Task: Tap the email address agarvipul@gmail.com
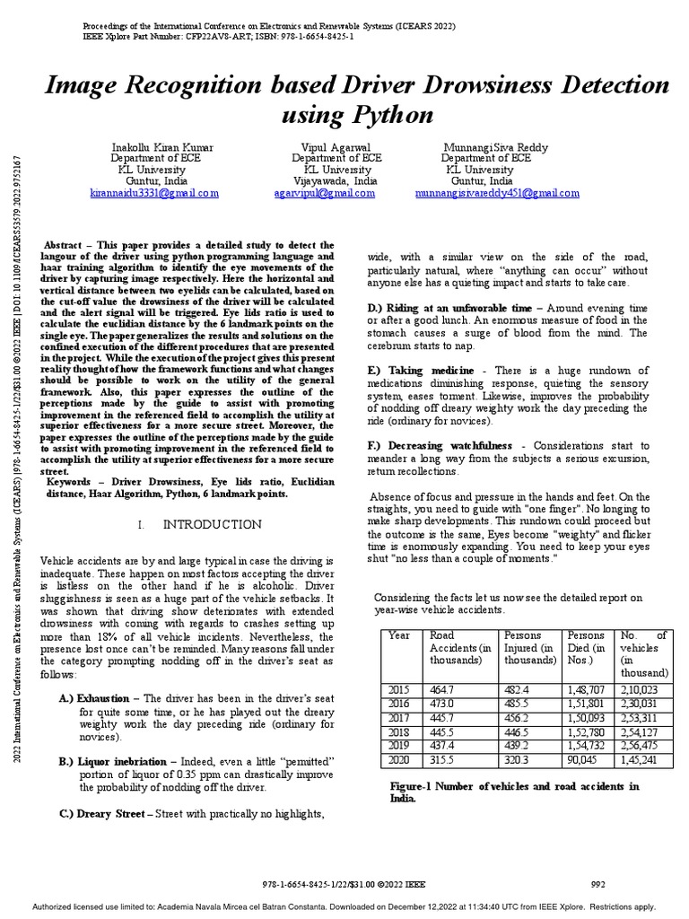tap(325, 193)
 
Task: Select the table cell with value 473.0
tap(443, 704)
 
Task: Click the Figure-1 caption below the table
tap(515, 792)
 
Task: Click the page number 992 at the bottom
tap(597, 883)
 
